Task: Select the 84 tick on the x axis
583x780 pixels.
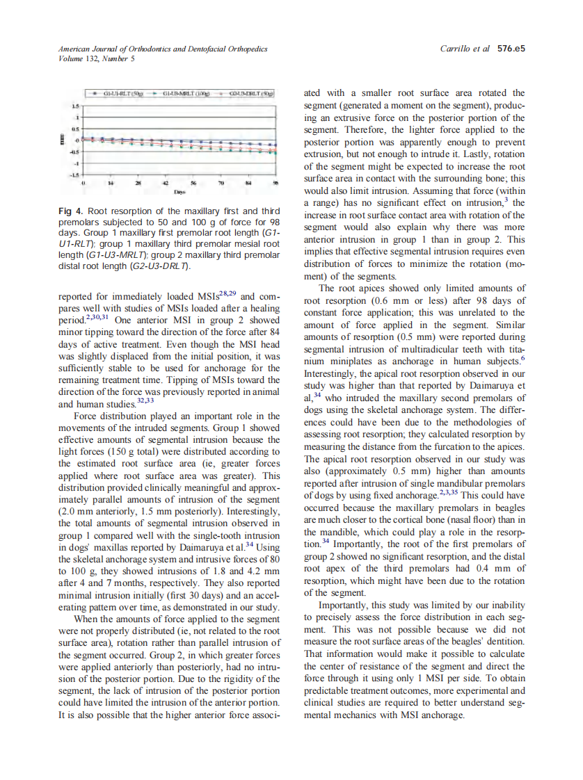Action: click(248, 181)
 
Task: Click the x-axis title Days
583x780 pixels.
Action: click(180, 188)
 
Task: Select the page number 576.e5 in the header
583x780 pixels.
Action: click(510, 49)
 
